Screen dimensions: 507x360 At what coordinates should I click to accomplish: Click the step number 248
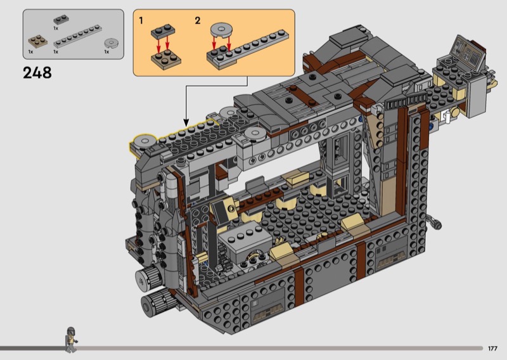37,73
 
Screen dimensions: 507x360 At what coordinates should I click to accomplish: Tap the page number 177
492,349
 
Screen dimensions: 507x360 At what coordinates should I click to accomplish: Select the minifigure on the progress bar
71,339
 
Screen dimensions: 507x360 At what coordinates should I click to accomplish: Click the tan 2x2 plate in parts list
37,41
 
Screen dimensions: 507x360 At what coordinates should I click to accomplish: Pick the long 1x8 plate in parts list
77,36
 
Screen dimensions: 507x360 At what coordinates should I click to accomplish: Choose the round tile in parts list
112,43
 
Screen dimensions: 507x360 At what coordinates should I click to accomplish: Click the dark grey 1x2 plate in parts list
61,20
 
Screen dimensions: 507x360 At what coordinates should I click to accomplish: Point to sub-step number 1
141,20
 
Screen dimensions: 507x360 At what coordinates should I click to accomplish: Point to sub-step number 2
198,21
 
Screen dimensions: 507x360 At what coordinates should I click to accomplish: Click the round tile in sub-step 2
221,30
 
